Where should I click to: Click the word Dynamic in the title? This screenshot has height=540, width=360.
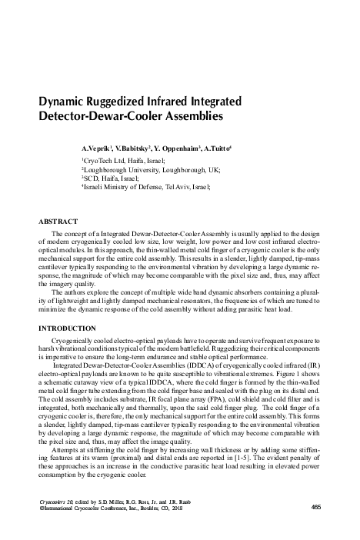pyautogui.click(x=64, y=103)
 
